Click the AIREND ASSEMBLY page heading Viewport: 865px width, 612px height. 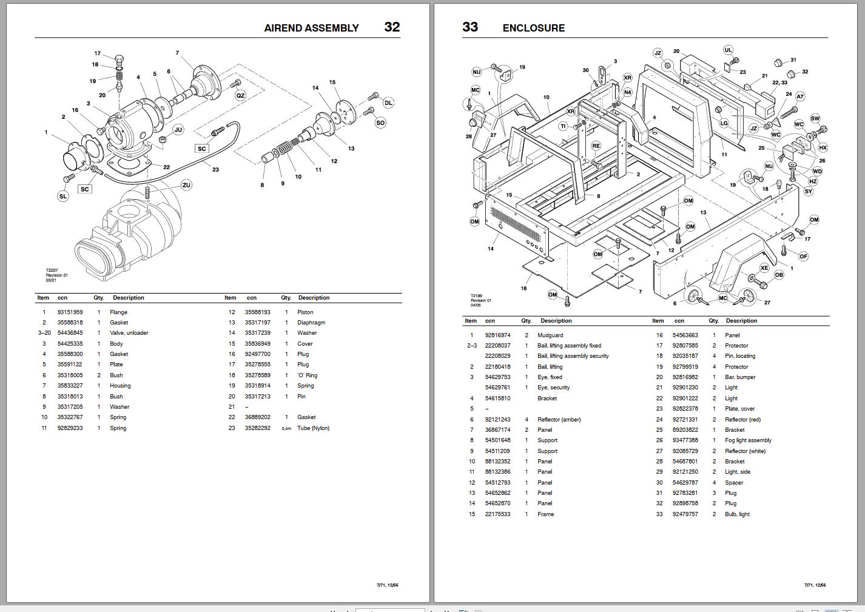click(311, 28)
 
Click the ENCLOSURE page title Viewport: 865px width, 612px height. click(533, 28)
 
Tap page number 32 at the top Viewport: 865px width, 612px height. click(392, 27)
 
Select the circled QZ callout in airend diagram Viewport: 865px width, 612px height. click(240, 96)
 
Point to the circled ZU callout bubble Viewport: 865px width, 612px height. click(186, 185)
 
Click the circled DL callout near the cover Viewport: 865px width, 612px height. click(388, 103)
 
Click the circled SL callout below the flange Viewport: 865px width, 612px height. click(63, 196)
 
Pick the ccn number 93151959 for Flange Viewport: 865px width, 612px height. click(70, 312)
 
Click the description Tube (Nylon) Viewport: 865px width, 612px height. click(313, 428)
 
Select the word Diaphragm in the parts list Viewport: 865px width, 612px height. click(311, 323)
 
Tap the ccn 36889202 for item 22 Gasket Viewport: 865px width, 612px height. click(257, 417)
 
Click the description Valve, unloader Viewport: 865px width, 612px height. click(129, 333)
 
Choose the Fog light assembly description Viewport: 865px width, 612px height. click(748, 440)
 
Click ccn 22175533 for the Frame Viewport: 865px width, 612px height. click(497, 514)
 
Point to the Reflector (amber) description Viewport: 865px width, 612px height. click(559, 420)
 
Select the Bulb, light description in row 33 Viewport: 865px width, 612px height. click(737, 514)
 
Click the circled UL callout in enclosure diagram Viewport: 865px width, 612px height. click(728, 50)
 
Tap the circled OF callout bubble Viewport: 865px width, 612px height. click(803, 257)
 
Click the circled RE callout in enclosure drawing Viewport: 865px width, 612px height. click(596, 146)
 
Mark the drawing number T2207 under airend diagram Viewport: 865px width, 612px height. click(52, 271)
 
